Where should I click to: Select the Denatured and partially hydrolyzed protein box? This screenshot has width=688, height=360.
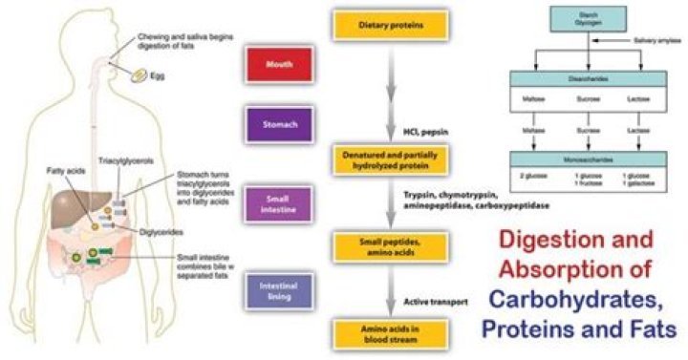[x=378, y=159]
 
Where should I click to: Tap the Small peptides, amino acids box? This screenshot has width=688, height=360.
[x=378, y=246]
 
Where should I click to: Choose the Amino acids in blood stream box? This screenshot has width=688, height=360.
[x=378, y=332]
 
